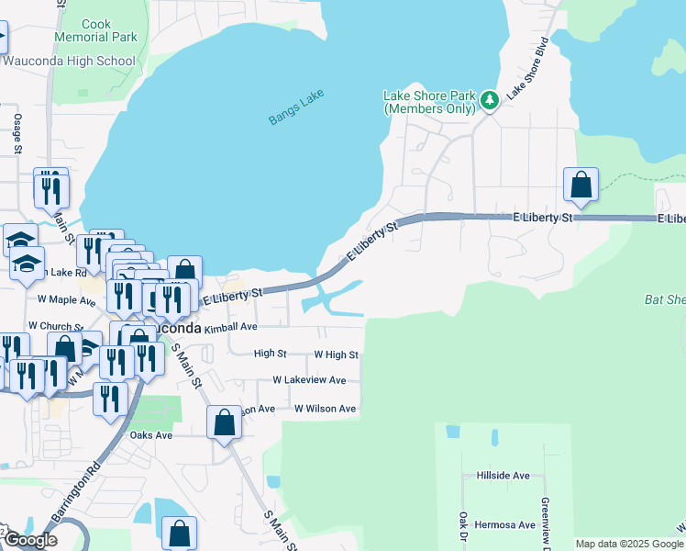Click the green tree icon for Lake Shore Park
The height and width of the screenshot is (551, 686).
(490, 99)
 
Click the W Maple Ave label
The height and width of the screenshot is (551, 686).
(67, 299)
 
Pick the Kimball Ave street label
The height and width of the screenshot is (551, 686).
(230, 326)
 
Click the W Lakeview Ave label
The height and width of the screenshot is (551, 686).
(309, 380)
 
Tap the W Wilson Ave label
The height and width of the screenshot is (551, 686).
(324, 409)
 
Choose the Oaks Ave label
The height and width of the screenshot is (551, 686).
(151, 435)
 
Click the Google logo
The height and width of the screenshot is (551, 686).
(29, 540)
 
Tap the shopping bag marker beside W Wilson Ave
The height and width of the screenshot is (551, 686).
(224, 423)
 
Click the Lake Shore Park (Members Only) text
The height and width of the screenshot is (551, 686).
(429, 102)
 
